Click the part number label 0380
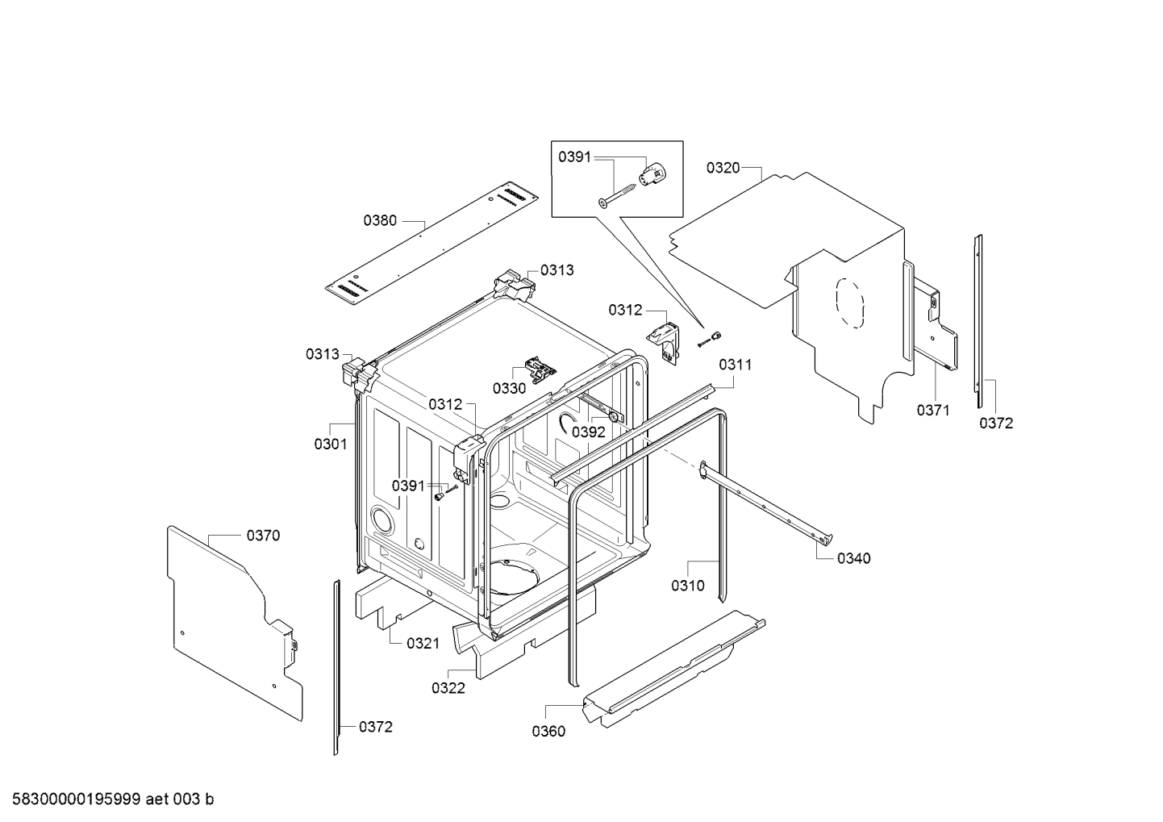[x=380, y=221]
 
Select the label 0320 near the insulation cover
[x=723, y=168]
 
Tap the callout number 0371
[x=932, y=411]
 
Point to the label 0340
[x=853, y=558]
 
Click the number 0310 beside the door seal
[x=688, y=585]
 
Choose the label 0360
[x=548, y=731]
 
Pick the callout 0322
[x=448, y=688]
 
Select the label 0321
[x=423, y=644]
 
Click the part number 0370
[x=263, y=536]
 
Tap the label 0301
[x=331, y=444]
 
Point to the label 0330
[x=510, y=388]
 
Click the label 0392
[x=588, y=432]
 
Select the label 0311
[x=736, y=365]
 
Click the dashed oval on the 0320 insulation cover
[x=849, y=303]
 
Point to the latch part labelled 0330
[x=540, y=369]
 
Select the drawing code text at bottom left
[x=113, y=799]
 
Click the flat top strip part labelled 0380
[x=432, y=243]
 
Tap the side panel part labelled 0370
[x=236, y=623]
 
